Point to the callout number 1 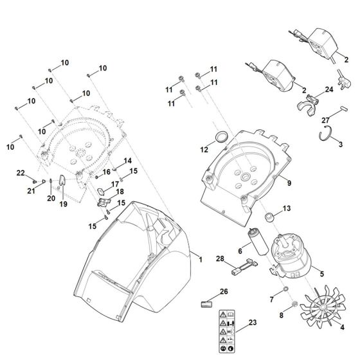(200, 259)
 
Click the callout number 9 (289, 183)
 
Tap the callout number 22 (21, 174)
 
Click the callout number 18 (120, 192)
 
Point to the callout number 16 (107, 173)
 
